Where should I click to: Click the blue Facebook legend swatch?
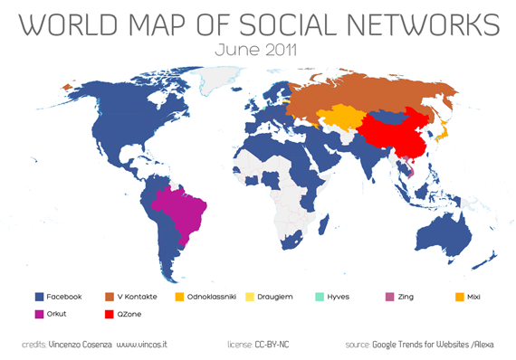click(39, 296)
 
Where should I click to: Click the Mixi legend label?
click(487, 296)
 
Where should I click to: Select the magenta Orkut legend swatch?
click(39, 315)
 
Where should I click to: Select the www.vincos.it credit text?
click(145, 345)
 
